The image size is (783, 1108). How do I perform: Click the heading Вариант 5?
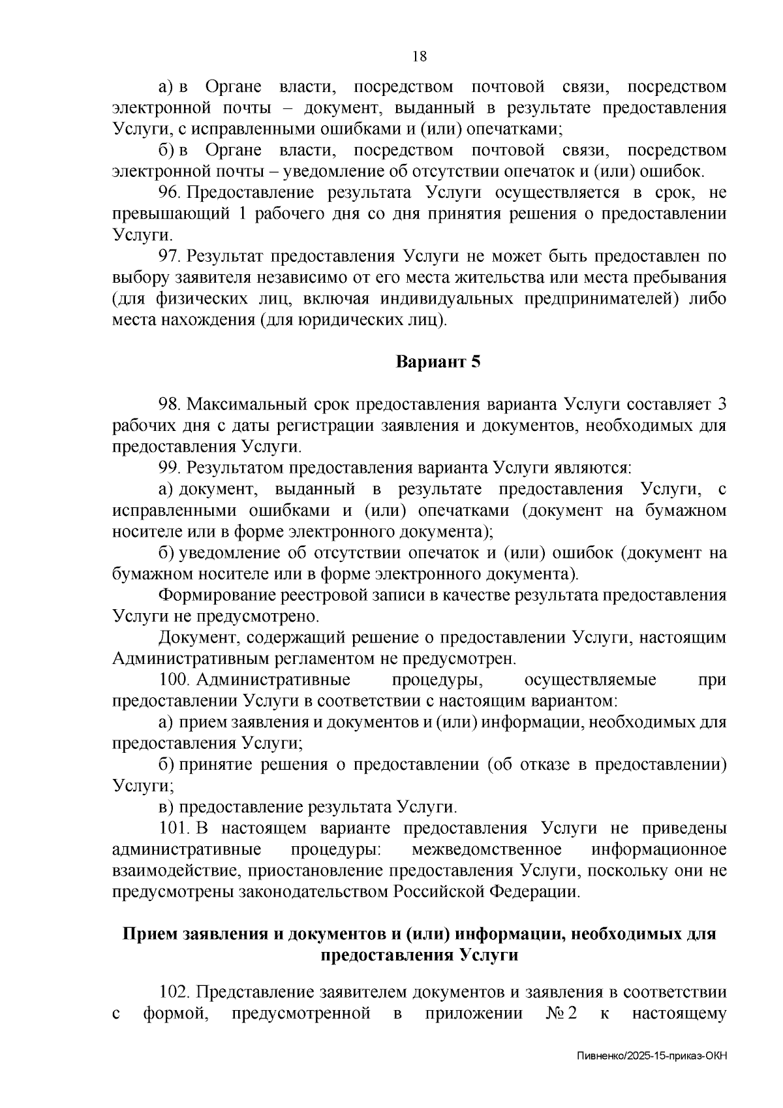pyautogui.click(x=438, y=362)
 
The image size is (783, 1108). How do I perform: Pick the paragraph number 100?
pyautogui.click(x=174, y=680)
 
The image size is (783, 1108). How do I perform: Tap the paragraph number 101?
pyautogui.click(x=174, y=829)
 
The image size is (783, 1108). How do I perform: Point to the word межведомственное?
pyautogui.click(x=487, y=849)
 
